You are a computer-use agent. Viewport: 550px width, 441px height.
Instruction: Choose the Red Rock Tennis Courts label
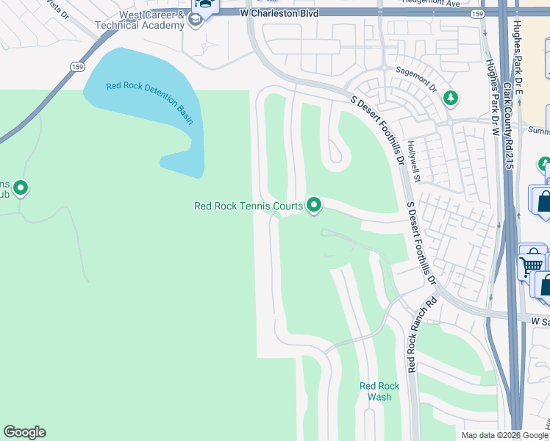click(x=248, y=206)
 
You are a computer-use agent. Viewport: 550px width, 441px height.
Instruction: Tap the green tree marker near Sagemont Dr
click(x=450, y=97)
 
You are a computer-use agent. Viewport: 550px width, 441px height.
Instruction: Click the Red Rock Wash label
click(x=379, y=391)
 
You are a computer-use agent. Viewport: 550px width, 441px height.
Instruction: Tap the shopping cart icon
click(x=530, y=262)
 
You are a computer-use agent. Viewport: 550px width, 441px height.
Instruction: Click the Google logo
click(x=24, y=432)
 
